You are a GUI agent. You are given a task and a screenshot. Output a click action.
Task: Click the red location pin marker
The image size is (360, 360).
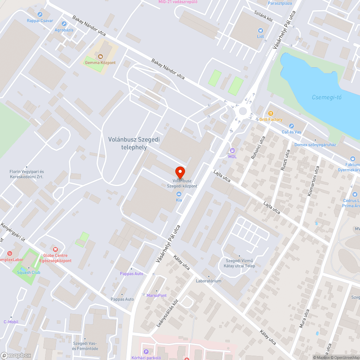180,171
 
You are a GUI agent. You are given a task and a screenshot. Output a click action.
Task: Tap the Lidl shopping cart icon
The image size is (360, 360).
261,31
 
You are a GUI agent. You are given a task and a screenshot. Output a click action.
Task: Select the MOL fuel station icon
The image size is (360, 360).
233,150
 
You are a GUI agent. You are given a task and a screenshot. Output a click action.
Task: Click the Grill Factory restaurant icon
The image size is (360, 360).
271,113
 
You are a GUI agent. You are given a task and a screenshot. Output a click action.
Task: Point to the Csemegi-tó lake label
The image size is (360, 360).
327,97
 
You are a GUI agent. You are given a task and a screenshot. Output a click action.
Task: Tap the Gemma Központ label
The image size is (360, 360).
100,63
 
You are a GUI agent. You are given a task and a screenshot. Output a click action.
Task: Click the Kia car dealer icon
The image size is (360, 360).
179,194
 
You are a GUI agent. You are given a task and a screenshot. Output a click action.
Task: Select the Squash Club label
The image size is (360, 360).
28,273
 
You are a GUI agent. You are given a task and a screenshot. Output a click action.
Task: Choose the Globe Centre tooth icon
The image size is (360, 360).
55,249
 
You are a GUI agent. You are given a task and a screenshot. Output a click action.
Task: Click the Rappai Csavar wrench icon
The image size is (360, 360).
40,14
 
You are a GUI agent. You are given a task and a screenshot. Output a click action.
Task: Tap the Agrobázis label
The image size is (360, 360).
64,30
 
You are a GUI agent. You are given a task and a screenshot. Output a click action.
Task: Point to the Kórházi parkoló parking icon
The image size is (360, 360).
146,352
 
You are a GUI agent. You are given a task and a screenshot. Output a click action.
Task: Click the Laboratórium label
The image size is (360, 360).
208,281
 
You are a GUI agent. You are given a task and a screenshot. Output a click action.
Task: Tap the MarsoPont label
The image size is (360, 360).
157,296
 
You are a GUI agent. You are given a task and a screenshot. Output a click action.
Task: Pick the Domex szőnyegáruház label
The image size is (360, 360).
315,145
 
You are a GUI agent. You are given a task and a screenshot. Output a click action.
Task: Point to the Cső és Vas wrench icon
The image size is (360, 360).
292,126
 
